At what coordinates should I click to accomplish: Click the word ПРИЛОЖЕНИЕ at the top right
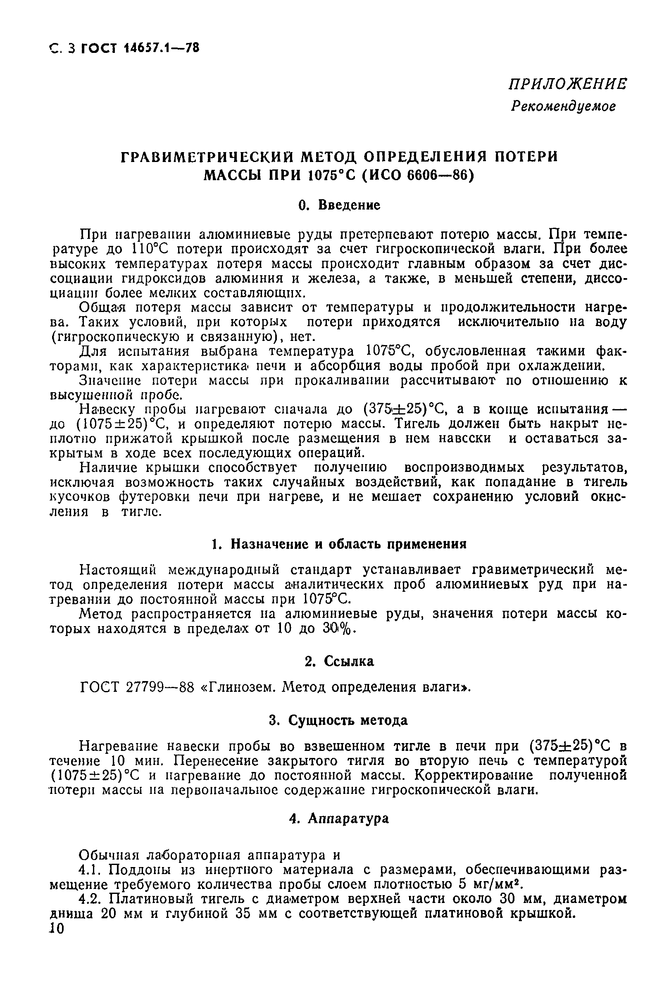[567, 84]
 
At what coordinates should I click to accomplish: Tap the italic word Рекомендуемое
[563, 106]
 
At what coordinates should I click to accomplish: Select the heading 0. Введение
[339, 205]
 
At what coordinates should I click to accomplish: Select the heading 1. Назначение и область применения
[339, 544]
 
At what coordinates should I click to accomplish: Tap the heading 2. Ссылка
[339, 661]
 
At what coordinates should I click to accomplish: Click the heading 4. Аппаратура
[339, 818]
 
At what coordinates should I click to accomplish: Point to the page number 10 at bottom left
[56, 929]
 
